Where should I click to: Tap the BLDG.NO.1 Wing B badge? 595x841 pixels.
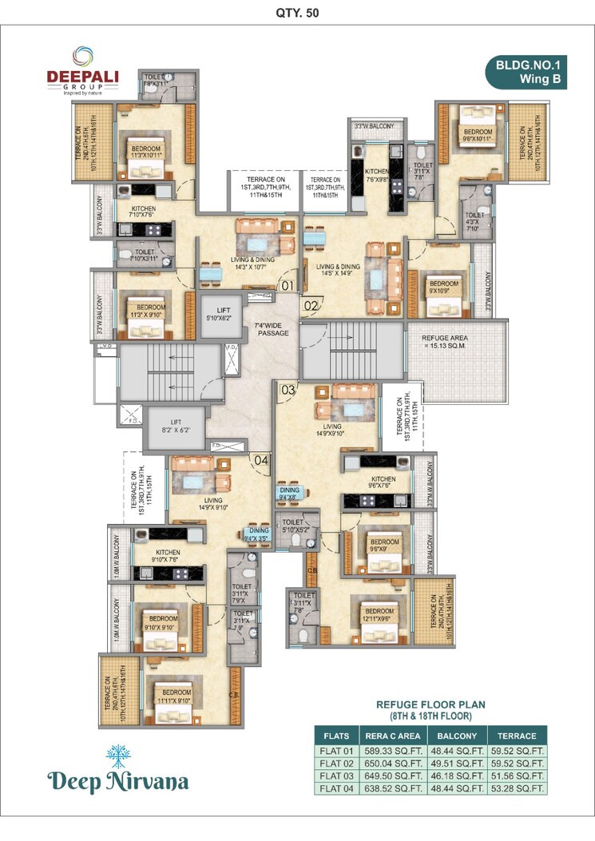click(527, 72)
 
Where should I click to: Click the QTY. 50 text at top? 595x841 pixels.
click(297, 13)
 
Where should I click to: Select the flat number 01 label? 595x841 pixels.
click(288, 284)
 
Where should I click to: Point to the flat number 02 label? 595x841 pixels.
click(311, 304)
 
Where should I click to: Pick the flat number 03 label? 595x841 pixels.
click(288, 390)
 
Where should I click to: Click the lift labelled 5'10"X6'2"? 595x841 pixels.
click(219, 313)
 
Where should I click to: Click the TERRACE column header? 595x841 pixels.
click(516, 736)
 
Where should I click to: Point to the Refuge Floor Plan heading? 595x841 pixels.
click(431, 710)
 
